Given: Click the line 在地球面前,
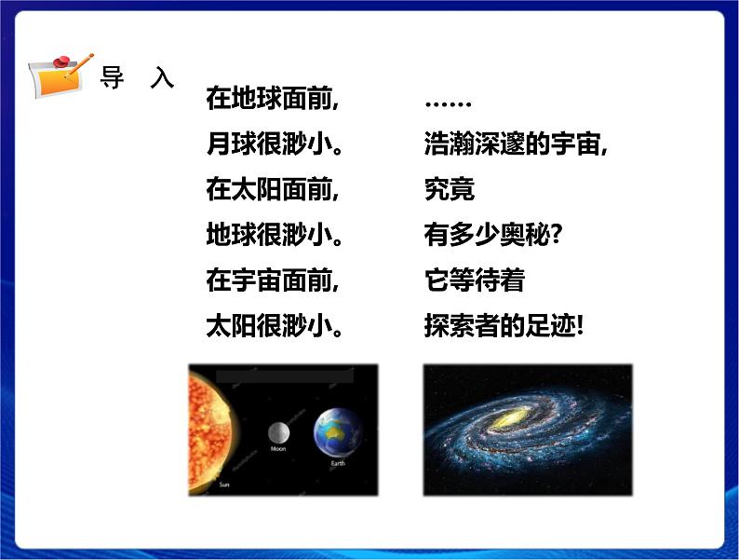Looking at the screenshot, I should pos(272,99).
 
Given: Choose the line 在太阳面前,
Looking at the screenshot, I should pos(272,190).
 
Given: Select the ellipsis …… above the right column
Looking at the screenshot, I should pos(448,101).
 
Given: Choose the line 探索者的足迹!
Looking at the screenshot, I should pos(504,326).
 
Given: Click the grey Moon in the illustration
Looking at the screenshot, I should pos(278,432).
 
